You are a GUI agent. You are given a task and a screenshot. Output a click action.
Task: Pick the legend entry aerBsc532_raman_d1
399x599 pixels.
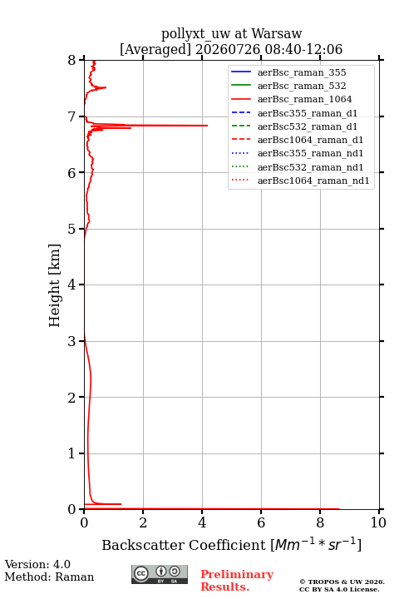pyautogui.click(x=294, y=126)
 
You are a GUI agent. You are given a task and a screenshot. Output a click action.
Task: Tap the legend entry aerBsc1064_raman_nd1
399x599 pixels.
pyautogui.click(x=300, y=181)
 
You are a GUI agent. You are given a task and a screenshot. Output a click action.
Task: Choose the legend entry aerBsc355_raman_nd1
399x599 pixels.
pyautogui.click(x=297, y=153)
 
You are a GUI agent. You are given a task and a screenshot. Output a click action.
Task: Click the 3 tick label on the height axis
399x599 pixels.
pyautogui.click(x=72, y=341)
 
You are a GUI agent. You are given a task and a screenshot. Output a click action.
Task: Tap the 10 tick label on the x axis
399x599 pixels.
pyautogui.click(x=378, y=522)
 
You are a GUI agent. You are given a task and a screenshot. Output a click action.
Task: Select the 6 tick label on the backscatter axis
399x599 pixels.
pyautogui.click(x=261, y=522)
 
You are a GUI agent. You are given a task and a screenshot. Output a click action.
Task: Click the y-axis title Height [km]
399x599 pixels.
pyautogui.click(x=55, y=285)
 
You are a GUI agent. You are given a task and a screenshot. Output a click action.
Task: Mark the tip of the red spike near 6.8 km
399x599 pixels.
pyautogui.click(x=207, y=126)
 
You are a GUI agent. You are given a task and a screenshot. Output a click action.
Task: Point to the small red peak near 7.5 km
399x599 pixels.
pyautogui.click(x=106, y=87)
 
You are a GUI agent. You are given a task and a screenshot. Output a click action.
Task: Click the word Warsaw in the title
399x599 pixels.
pyautogui.click(x=277, y=33)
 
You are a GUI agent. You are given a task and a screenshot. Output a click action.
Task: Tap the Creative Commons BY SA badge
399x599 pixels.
pyautogui.click(x=160, y=574)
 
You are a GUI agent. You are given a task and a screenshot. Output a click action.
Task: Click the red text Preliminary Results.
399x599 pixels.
pyautogui.click(x=237, y=581)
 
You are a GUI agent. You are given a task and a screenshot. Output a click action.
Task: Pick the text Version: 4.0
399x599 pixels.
pyautogui.click(x=37, y=564)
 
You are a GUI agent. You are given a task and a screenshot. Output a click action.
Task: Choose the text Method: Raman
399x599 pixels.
pyautogui.click(x=49, y=577)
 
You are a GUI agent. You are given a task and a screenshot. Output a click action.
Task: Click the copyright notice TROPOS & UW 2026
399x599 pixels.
pyautogui.click(x=342, y=582)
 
